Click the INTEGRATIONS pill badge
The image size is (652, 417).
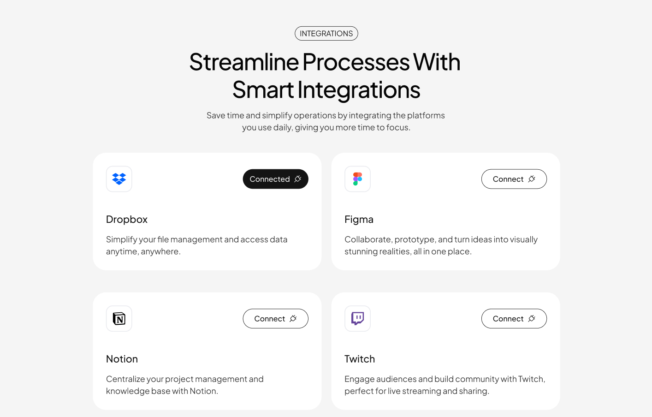326,34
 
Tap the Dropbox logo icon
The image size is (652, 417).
119,179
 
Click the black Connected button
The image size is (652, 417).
275,179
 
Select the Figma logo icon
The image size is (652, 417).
357,179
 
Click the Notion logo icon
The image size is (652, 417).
119,319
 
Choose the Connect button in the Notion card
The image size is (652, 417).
275,319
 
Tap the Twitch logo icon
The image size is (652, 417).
357,319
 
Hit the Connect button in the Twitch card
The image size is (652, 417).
514,319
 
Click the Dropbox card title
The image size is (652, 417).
127,220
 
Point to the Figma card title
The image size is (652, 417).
359,220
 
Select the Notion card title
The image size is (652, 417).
122,359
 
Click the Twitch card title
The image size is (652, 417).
360,359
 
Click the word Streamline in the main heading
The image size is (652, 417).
244,62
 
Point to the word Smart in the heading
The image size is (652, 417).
263,90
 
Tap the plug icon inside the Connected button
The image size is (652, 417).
298,179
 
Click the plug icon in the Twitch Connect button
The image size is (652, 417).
532,319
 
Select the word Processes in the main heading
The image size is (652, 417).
356,62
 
